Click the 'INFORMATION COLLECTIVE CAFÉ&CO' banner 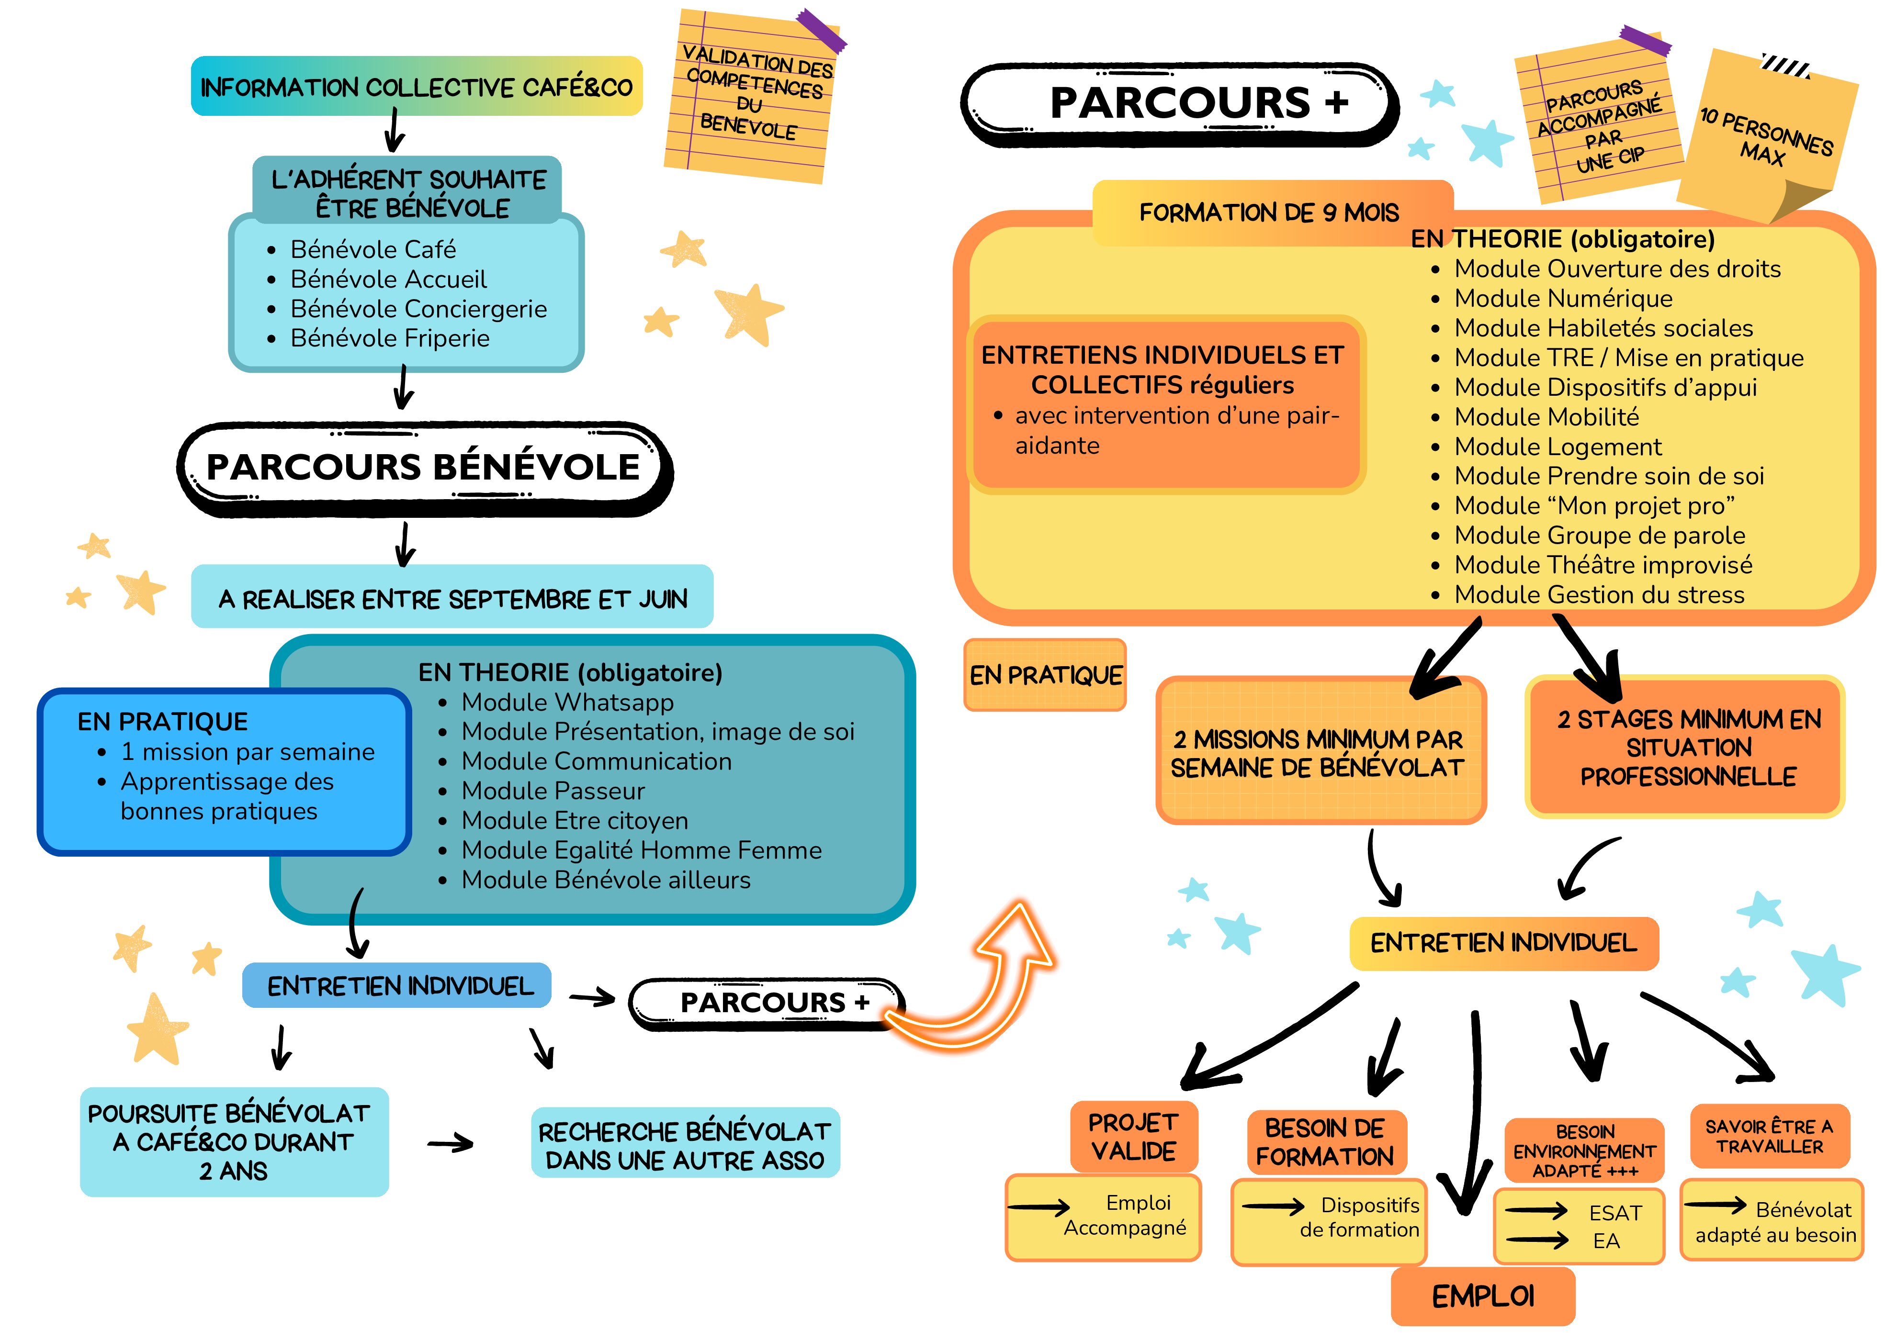coord(416,87)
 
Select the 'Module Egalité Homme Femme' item coord(641,850)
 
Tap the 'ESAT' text coord(1614,1213)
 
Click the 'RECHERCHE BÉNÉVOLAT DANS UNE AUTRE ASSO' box coord(685,1145)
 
